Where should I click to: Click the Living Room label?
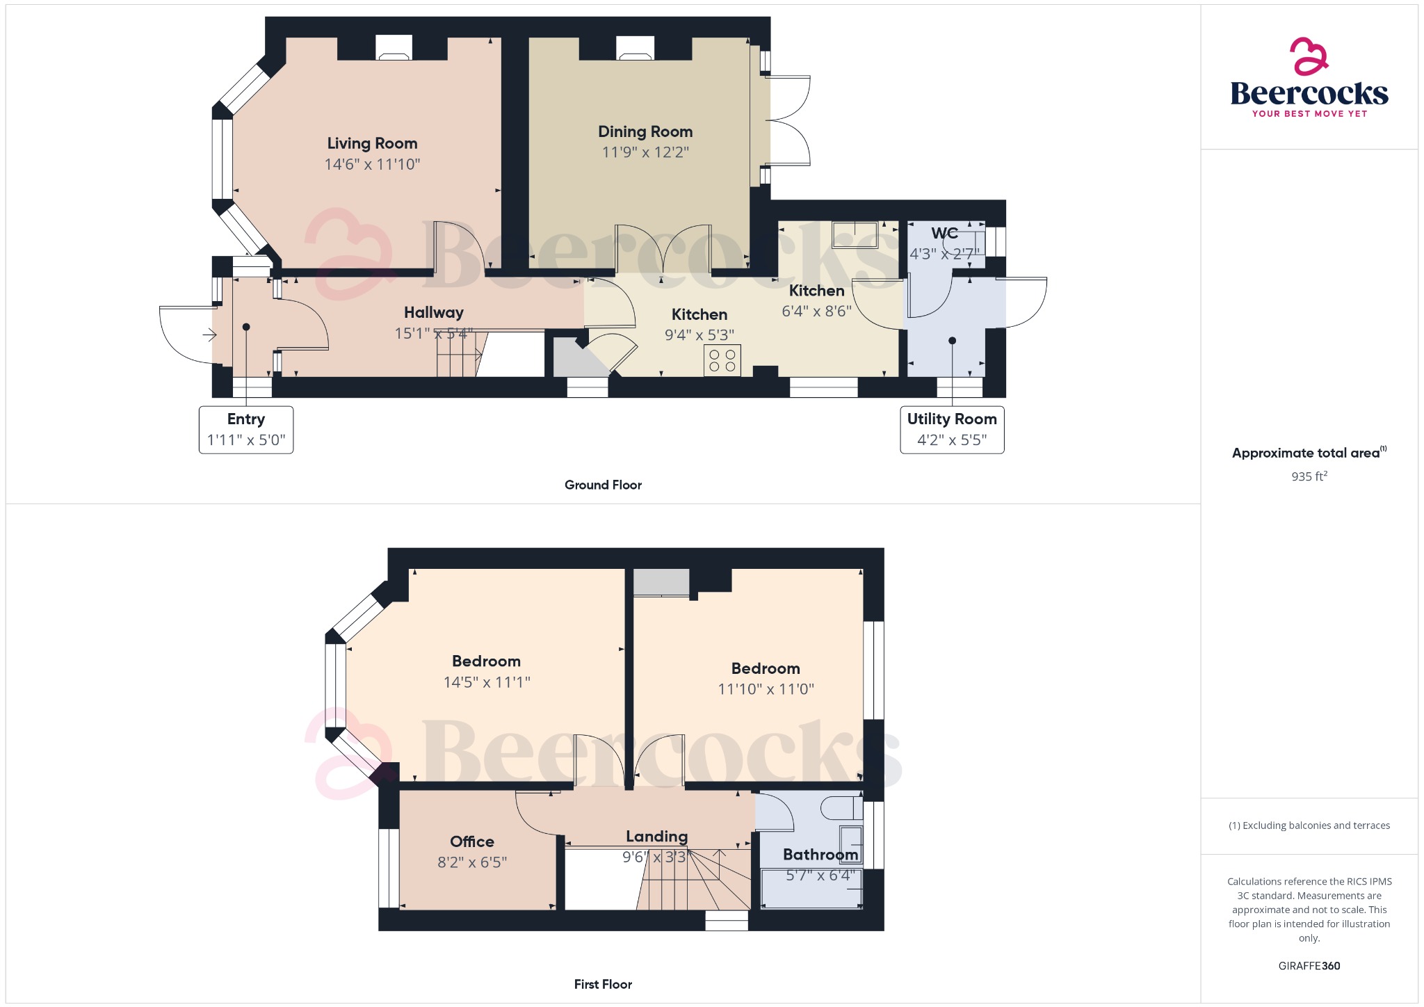tap(372, 143)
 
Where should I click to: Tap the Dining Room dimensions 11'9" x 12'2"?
tap(645, 152)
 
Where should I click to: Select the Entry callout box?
tap(246, 430)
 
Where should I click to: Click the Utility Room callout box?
tap(952, 430)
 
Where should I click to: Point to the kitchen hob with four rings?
tap(722, 360)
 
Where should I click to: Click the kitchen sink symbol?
tap(855, 234)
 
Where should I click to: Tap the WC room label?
tap(944, 233)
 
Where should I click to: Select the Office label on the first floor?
tap(472, 841)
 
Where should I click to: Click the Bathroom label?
tap(820, 855)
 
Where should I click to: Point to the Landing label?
tap(656, 837)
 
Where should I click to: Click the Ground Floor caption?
tap(603, 485)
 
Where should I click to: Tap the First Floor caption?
tap(603, 984)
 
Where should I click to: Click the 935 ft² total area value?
tap(1309, 476)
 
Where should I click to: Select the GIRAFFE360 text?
tap(1309, 966)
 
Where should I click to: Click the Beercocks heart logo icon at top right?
tap(1309, 56)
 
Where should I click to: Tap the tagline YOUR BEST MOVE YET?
tap(1309, 113)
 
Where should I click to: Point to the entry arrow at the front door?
tap(209, 335)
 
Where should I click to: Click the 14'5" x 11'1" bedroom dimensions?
tap(487, 682)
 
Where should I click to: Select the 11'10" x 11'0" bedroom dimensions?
tap(766, 689)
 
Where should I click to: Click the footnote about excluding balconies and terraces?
tap(1309, 825)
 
